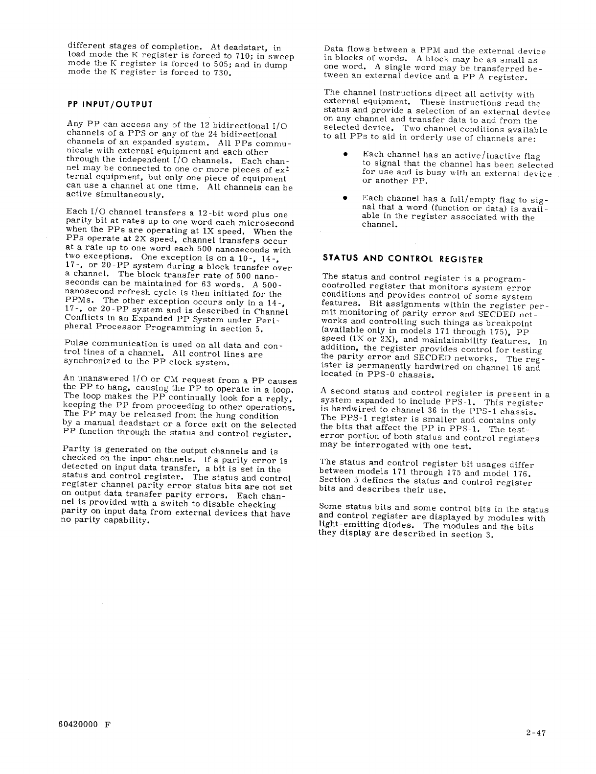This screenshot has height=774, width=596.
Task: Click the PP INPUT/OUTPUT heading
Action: pyautogui.click(x=110, y=104)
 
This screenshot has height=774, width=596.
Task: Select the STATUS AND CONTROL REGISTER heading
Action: pyautogui.click(x=403, y=258)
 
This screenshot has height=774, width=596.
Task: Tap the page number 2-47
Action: pyautogui.click(x=534, y=733)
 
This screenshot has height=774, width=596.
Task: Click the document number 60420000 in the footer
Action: pyautogui.click(x=76, y=726)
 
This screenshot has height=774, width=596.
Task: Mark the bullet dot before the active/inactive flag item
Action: pyautogui.click(x=345, y=155)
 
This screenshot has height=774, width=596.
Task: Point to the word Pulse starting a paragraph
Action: pyautogui.click(x=76, y=344)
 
